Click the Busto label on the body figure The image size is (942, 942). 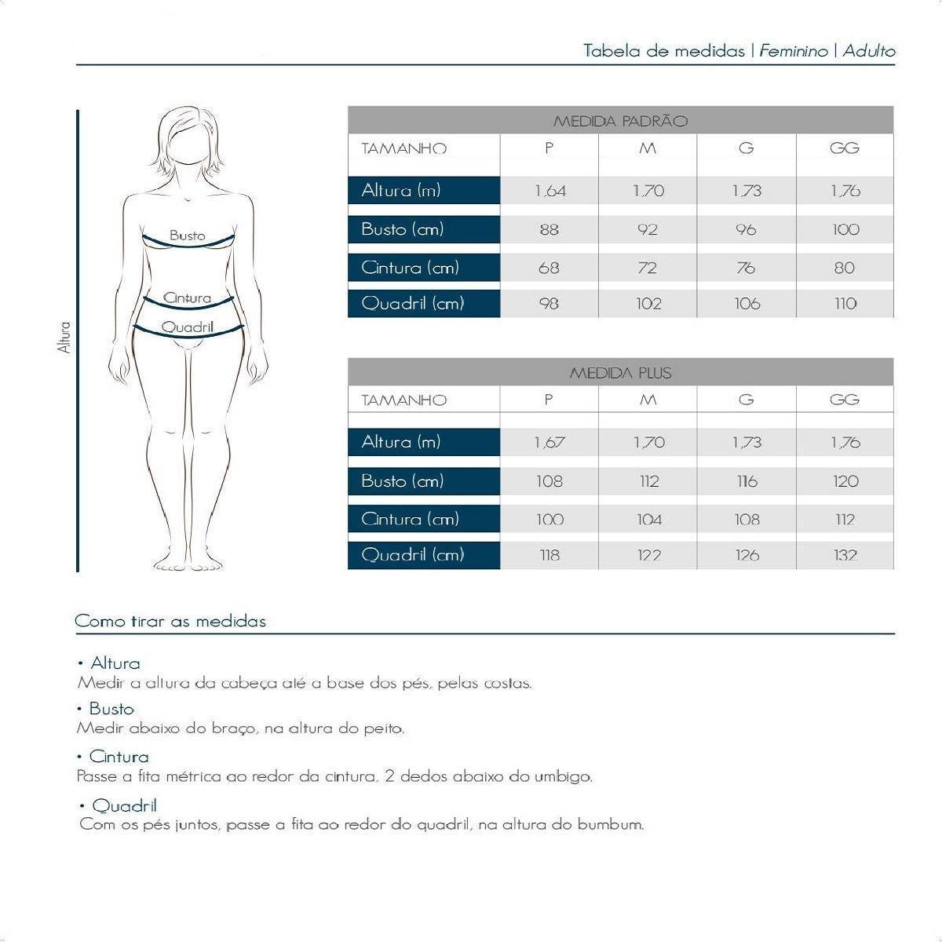(x=187, y=235)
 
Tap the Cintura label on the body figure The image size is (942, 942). (x=188, y=298)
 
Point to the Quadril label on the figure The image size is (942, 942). (x=188, y=327)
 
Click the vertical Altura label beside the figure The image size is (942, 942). (x=65, y=338)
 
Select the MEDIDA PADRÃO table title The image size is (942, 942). (x=620, y=121)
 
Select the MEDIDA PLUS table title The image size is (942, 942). (x=620, y=373)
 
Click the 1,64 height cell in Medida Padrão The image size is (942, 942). (x=549, y=191)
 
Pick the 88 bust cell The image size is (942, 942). (x=549, y=229)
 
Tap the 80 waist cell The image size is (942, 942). (x=845, y=268)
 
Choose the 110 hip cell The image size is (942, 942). (x=845, y=304)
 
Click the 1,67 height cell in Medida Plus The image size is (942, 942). (x=549, y=443)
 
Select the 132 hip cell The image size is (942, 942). (x=845, y=555)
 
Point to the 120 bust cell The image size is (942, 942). (x=845, y=481)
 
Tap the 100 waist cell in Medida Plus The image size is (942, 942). (x=549, y=519)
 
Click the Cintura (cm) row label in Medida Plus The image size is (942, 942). (x=410, y=519)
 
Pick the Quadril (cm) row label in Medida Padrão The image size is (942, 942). (x=413, y=304)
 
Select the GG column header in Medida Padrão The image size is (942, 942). (x=845, y=148)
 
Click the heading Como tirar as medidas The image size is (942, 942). (x=170, y=621)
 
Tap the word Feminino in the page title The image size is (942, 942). (x=793, y=51)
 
